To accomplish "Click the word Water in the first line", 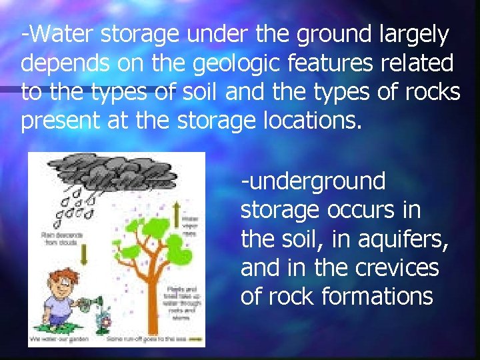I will pos(55,34).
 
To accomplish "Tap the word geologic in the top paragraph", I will pos(245,64).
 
